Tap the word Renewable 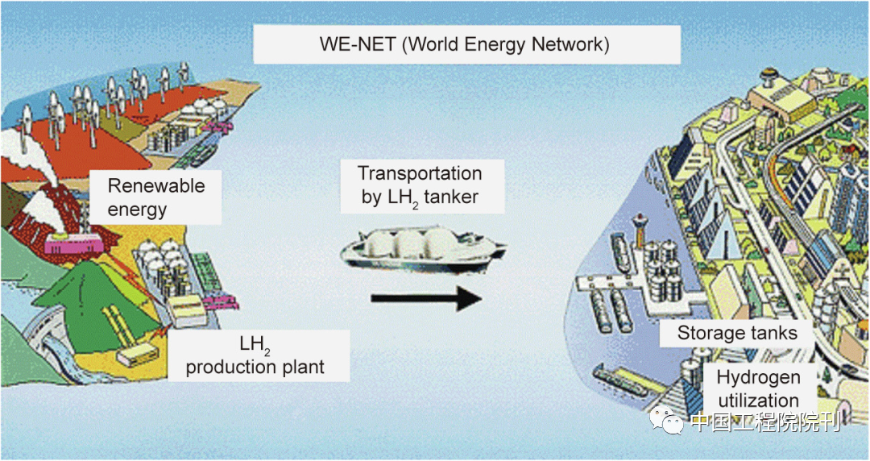[x=156, y=186]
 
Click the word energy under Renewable [x=137, y=210]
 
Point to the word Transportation [x=420, y=173]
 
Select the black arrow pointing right [x=425, y=299]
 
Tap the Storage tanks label [x=737, y=333]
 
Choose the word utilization [x=758, y=401]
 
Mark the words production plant [x=255, y=368]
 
